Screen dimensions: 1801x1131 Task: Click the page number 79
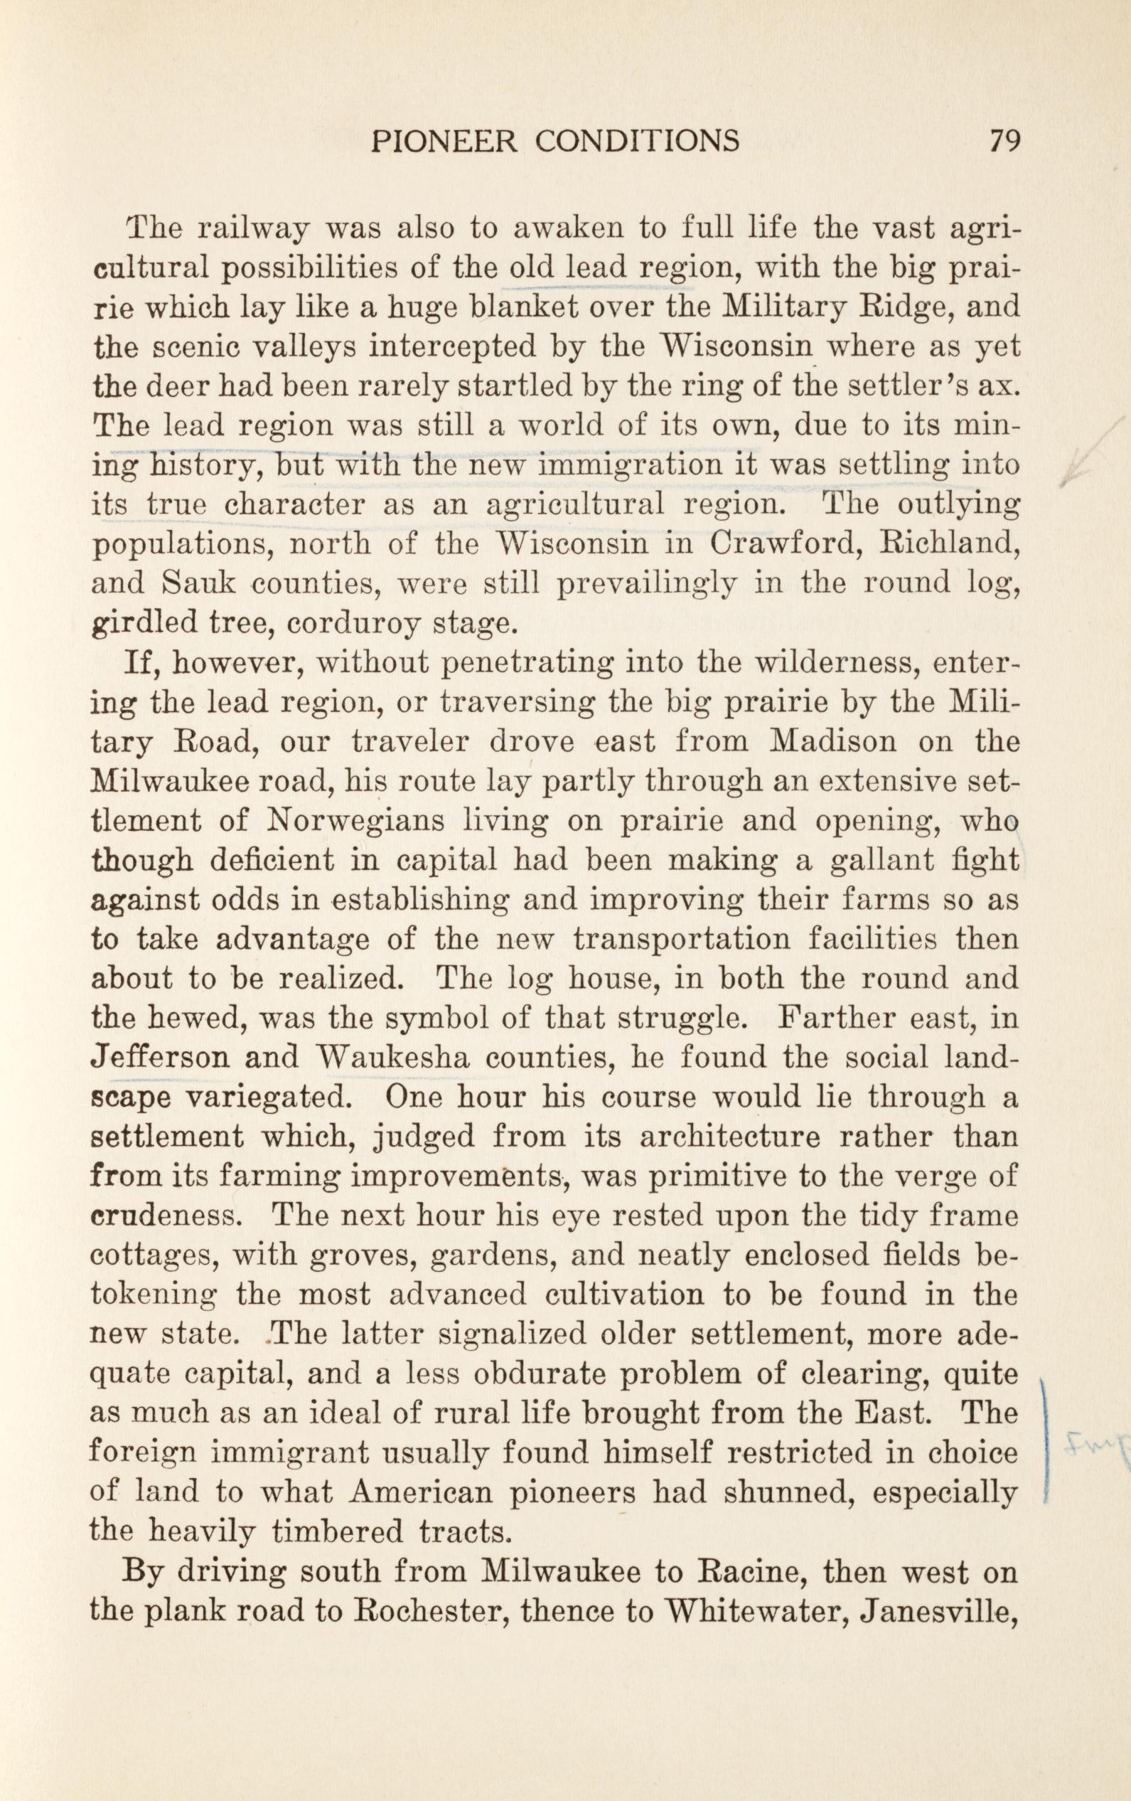[x=1003, y=140]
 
